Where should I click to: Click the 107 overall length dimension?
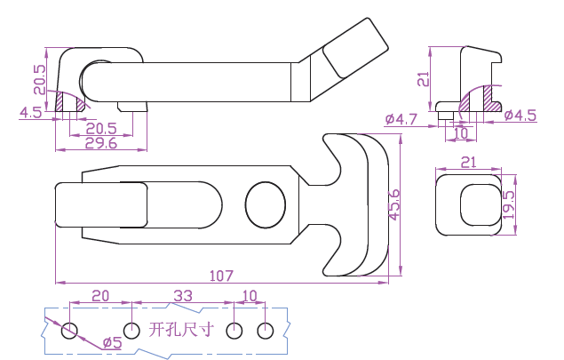(x=221, y=276)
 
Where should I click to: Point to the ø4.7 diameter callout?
(x=401, y=118)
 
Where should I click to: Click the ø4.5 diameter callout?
(x=520, y=115)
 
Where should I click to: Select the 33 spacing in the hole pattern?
(x=182, y=294)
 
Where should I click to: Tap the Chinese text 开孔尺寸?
(x=182, y=330)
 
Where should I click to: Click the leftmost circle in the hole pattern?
(x=70, y=332)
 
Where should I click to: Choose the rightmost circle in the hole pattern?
(x=264, y=332)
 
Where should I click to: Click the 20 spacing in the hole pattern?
(x=100, y=294)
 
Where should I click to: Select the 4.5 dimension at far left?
(x=29, y=113)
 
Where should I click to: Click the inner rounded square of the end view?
(x=478, y=205)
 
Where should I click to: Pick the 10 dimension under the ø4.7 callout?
(x=460, y=132)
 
